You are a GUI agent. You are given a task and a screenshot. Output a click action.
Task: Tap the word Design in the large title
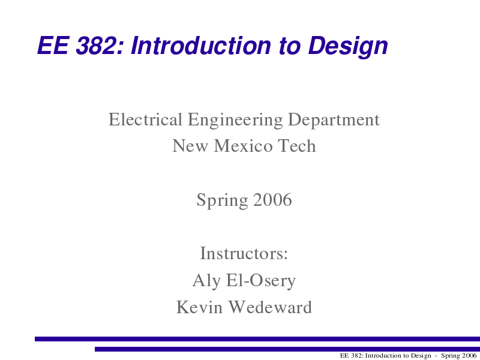[348, 47]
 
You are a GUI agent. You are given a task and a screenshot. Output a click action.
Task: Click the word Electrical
[145, 119]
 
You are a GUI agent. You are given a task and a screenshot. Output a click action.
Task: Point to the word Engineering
[235, 121]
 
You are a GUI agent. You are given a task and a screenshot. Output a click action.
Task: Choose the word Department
[334, 121]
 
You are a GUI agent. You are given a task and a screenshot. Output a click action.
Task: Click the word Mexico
[243, 146]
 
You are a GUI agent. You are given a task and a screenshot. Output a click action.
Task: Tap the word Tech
[296, 146]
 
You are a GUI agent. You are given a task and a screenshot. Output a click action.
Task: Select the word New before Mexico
[190, 146]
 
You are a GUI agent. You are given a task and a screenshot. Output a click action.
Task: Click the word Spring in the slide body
[222, 200]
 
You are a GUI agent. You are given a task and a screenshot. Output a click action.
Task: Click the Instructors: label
[244, 253]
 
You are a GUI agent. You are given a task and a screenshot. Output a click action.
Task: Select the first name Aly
[206, 281]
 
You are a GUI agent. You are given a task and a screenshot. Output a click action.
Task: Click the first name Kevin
[199, 307]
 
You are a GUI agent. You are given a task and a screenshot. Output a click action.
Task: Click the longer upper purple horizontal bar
[257, 339]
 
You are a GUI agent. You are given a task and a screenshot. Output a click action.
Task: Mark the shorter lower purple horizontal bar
[287, 349]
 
